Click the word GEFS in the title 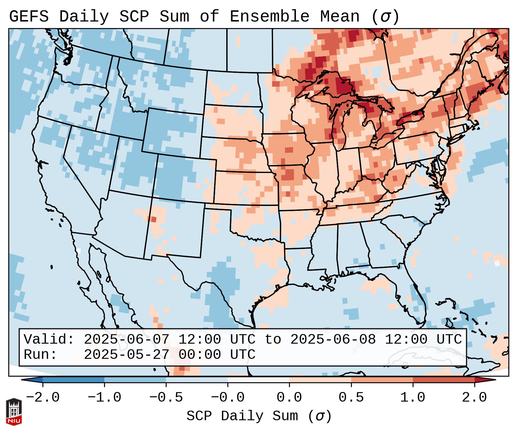[x=29, y=17]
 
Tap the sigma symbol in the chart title [x=385, y=17]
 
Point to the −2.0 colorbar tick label [x=43, y=398]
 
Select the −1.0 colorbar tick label [x=104, y=398]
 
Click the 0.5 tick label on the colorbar [x=351, y=398]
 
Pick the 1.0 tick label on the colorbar [x=413, y=398]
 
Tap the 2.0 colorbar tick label [x=474, y=398]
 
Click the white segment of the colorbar [x=258, y=380]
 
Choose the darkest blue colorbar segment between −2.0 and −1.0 [x=73, y=380]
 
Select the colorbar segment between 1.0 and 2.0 [x=444, y=380]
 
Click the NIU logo [x=14, y=412]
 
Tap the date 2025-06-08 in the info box [x=333, y=339]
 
